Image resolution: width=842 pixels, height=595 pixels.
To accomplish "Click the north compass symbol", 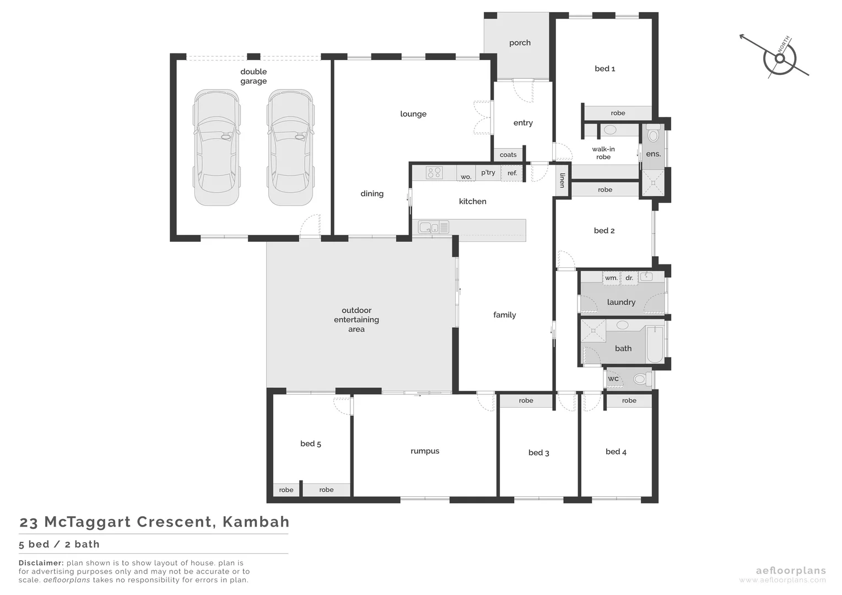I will [x=779, y=57].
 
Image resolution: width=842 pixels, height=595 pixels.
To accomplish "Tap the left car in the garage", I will [x=217, y=148].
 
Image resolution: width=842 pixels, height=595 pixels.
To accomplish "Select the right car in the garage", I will [x=290, y=148].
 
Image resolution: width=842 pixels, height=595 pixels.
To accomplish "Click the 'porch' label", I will [x=520, y=43].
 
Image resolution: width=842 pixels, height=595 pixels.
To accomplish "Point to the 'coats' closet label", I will [x=508, y=155].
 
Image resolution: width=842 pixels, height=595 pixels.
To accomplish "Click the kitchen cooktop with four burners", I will [x=434, y=173].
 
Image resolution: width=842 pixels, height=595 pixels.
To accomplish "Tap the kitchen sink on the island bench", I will [x=428, y=226].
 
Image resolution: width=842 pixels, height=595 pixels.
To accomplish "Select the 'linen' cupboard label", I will [x=563, y=180].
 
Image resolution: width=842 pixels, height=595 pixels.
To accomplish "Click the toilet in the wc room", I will [x=639, y=379].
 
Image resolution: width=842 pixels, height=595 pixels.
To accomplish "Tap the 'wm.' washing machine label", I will [x=611, y=278].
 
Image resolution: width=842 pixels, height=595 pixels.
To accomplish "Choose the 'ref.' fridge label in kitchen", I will [x=512, y=173].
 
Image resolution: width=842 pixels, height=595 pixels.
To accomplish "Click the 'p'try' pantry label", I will [x=488, y=172].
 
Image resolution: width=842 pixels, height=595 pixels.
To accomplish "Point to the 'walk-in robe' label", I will [x=603, y=153].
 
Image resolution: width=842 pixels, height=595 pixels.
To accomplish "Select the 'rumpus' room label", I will [x=425, y=451].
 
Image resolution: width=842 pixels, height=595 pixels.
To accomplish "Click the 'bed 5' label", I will [x=311, y=443].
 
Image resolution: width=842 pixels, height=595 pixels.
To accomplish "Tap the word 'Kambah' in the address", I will [x=256, y=522].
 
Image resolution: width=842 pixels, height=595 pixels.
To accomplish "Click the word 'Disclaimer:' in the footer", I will [x=41, y=563].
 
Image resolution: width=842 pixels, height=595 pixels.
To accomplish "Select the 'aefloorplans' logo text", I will [x=791, y=571].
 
